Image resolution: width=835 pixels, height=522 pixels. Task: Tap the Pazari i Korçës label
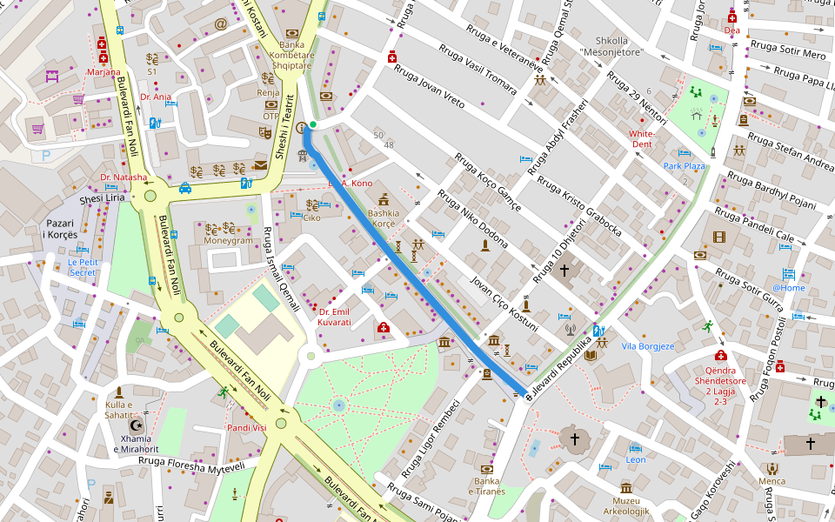(61, 230)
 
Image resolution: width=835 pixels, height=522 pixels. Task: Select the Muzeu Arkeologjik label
(625, 505)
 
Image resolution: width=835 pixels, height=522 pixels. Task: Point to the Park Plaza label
(684, 165)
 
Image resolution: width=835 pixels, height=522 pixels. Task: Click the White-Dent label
(642, 139)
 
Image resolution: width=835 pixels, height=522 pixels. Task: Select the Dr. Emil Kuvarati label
(335, 317)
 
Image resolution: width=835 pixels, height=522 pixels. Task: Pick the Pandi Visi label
(246, 428)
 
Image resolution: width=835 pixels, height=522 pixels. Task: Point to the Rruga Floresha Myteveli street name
(192, 466)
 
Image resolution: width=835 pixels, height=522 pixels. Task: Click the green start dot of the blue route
(312, 125)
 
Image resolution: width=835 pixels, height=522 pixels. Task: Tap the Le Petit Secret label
(83, 267)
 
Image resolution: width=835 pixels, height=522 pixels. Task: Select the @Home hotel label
(789, 288)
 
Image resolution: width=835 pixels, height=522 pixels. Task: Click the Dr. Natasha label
(124, 177)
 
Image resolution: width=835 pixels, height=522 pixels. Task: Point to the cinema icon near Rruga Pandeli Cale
(718, 236)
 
